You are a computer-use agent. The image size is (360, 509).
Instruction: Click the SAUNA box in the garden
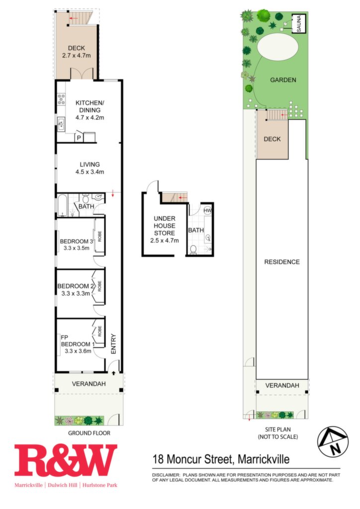299,23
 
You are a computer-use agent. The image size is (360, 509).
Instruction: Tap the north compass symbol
333,441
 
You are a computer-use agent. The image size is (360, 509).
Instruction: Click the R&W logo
66,460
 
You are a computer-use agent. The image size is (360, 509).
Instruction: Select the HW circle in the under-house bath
207,210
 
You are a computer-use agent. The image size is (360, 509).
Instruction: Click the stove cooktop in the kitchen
61,99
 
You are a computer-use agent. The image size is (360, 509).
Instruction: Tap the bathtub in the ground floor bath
62,205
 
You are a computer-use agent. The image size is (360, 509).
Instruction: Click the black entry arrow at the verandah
113,373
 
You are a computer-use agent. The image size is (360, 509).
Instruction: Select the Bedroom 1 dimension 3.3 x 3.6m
78,351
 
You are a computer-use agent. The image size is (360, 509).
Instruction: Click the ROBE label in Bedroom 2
99,286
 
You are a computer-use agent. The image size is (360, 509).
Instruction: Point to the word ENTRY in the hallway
113,344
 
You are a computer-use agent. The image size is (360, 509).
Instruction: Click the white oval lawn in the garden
277,47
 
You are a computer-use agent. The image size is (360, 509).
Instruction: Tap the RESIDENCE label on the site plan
282,262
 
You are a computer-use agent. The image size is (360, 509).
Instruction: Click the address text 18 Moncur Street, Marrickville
221,459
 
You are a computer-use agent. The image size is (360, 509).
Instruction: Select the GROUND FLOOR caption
89,433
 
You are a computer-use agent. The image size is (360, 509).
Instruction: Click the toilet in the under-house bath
193,250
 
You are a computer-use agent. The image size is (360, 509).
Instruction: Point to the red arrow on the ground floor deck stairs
74,18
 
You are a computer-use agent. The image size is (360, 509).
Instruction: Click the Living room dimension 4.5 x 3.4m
90,172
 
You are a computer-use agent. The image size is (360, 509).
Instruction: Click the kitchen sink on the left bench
61,124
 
